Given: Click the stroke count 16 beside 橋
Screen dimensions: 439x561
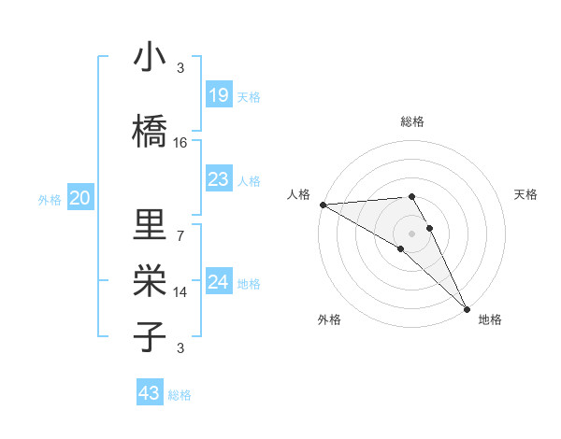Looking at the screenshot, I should pos(180,143).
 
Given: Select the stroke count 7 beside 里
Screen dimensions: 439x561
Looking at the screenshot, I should pos(180,234).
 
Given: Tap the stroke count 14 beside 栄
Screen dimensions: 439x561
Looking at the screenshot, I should pos(180,292).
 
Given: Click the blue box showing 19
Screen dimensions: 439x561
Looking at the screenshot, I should pos(218,94).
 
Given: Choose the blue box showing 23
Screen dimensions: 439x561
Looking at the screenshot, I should pos(218,179).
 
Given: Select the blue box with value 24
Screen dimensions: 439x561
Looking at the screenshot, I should pos(218,282).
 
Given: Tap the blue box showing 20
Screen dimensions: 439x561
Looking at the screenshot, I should pos(80,198).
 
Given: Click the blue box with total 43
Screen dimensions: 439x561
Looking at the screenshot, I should pos(149,393).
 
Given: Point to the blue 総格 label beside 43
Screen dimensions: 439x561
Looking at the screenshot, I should pos(180,395).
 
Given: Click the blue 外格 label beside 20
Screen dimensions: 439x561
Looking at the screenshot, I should pos(50,199).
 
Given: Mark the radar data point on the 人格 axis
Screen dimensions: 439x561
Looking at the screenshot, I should pos(323,205).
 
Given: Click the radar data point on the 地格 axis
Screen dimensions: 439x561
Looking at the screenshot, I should pos(467,308).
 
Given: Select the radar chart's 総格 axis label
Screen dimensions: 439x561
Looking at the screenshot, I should pos(412,121).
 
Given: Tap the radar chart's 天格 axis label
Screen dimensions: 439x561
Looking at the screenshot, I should pos(525,194).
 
